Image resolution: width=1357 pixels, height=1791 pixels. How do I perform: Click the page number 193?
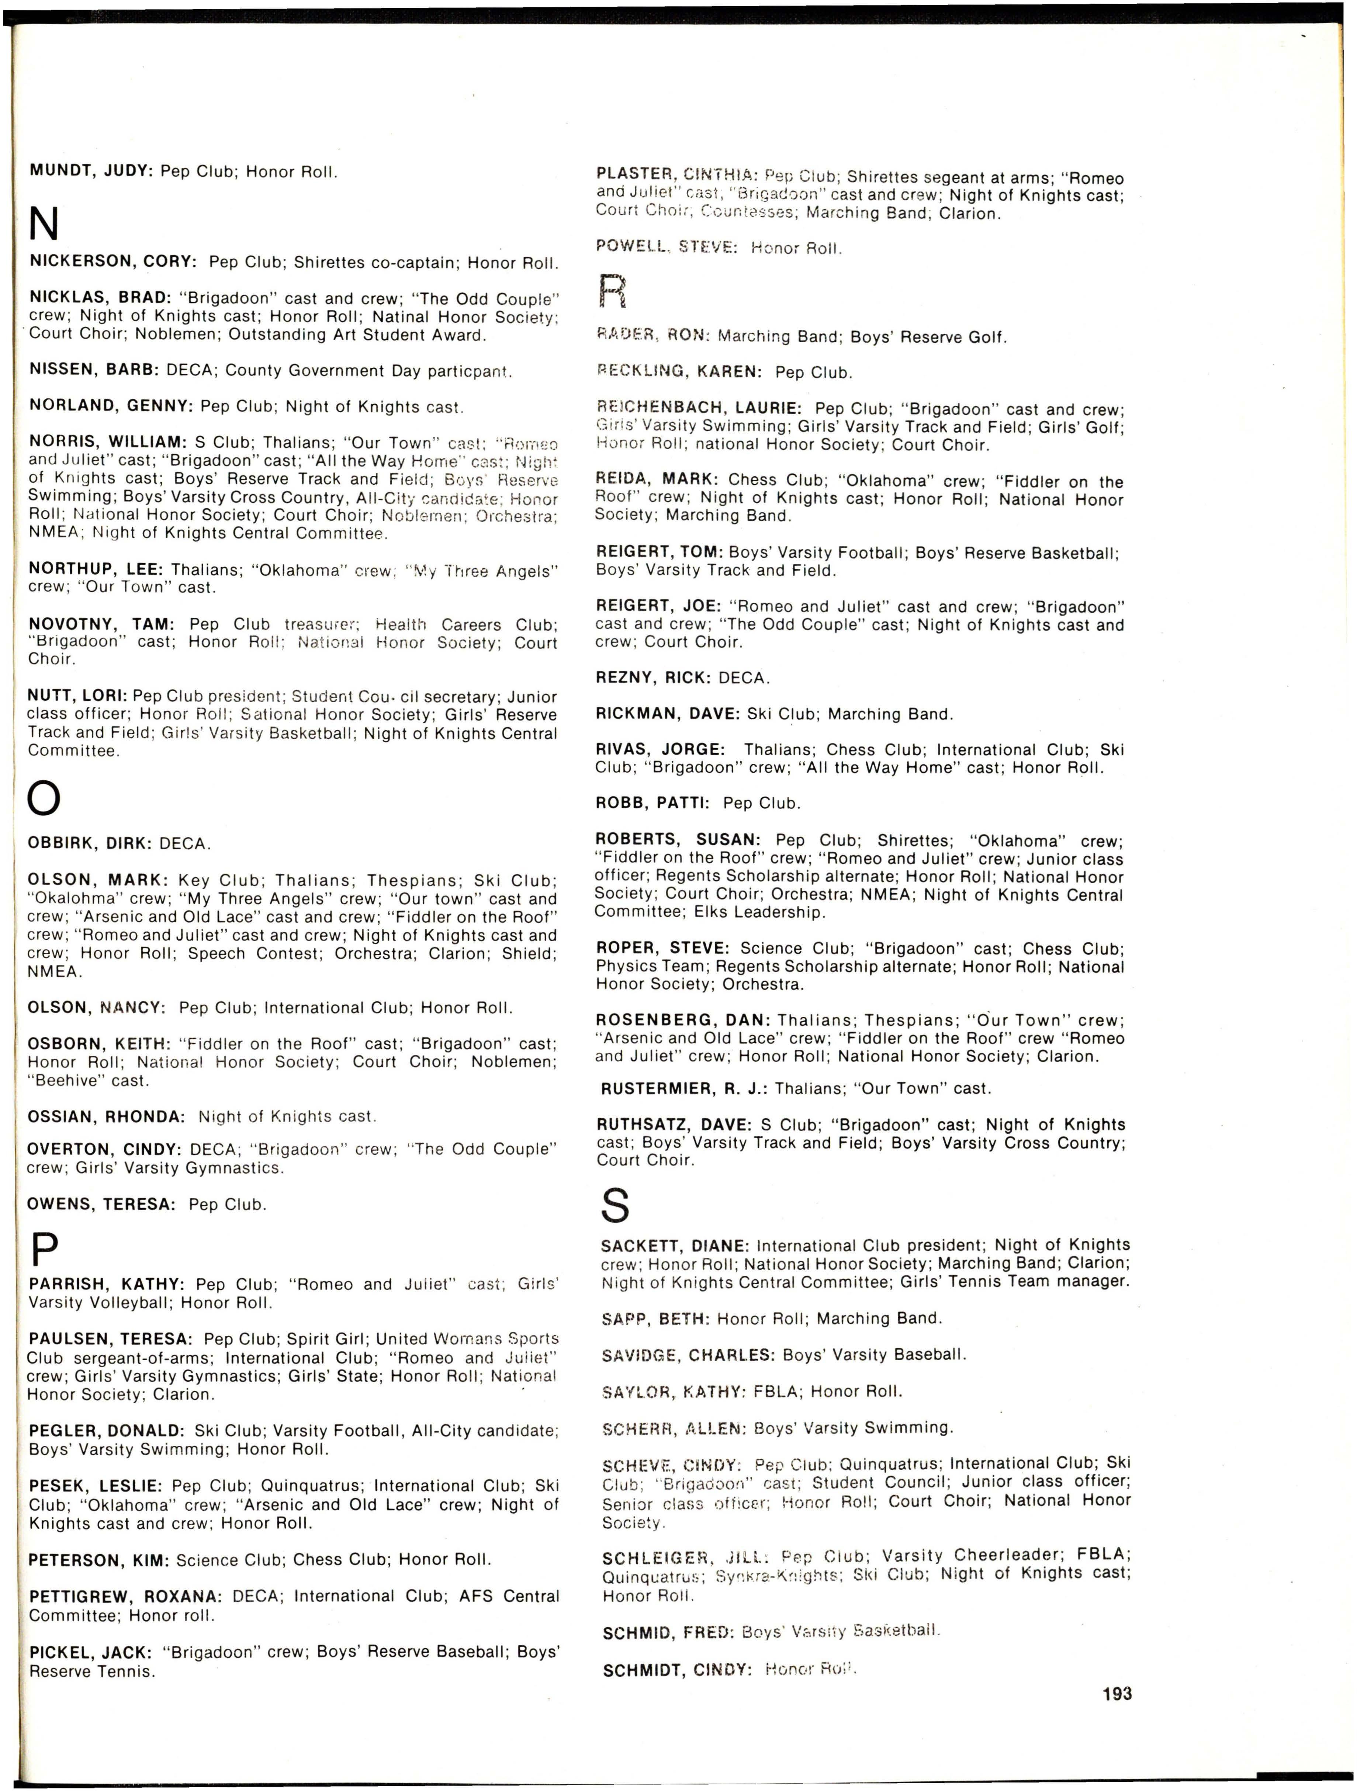[1117, 1693]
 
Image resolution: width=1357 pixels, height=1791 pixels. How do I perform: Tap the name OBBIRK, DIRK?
[89, 844]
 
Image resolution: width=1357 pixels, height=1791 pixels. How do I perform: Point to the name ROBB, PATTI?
[652, 803]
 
